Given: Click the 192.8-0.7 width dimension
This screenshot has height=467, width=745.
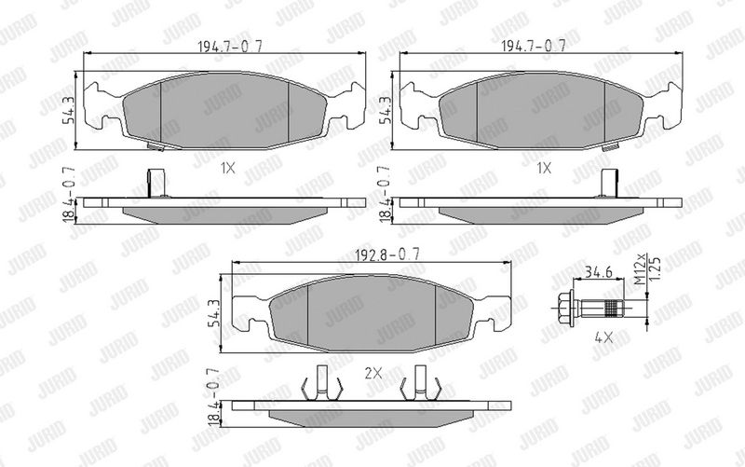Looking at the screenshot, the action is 387,254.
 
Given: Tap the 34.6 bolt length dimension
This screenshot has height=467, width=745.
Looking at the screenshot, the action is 598,272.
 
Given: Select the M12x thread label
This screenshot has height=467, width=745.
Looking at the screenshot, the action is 642,270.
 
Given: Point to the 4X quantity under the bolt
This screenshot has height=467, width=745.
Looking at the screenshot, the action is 603,338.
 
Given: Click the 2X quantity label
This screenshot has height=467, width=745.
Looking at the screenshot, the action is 373,373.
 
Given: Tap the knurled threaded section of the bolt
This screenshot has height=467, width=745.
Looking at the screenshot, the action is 614,308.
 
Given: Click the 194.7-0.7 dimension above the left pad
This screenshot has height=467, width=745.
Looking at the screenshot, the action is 229,46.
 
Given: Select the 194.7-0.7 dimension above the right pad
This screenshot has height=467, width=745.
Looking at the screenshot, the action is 534,46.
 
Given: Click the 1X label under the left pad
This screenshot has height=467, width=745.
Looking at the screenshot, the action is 227,168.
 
